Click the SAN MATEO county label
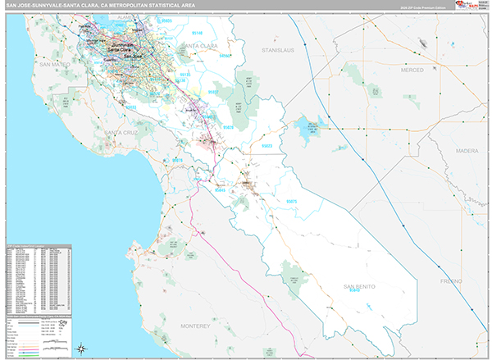click(55, 63)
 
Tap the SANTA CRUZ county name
click(121, 131)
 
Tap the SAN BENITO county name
click(359, 285)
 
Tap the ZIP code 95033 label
click(131, 107)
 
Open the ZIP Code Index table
click(38, 279)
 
